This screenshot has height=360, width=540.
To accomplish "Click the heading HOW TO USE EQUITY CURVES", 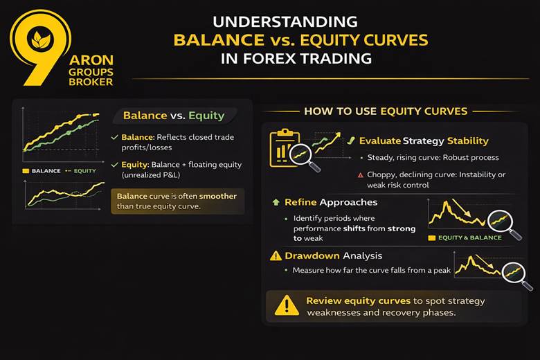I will click(x=386, y=111).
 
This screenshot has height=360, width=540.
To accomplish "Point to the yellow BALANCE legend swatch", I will click(x=26, y=170).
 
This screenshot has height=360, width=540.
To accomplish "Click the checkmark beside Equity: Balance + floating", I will click(x=114, y=165).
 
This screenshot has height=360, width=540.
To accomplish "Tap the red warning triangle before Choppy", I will click(x=361, y=175).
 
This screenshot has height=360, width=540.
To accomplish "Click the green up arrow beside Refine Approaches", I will click(x=275, y=202).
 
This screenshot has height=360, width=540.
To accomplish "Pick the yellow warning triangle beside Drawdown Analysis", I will click(x=276, y=256).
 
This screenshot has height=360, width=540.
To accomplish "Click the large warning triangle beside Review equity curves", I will click(x=286, y=305).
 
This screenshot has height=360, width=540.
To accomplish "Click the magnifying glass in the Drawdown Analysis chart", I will click(x=516, y=275).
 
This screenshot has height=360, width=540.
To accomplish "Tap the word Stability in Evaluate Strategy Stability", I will click(x=464, y=141).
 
